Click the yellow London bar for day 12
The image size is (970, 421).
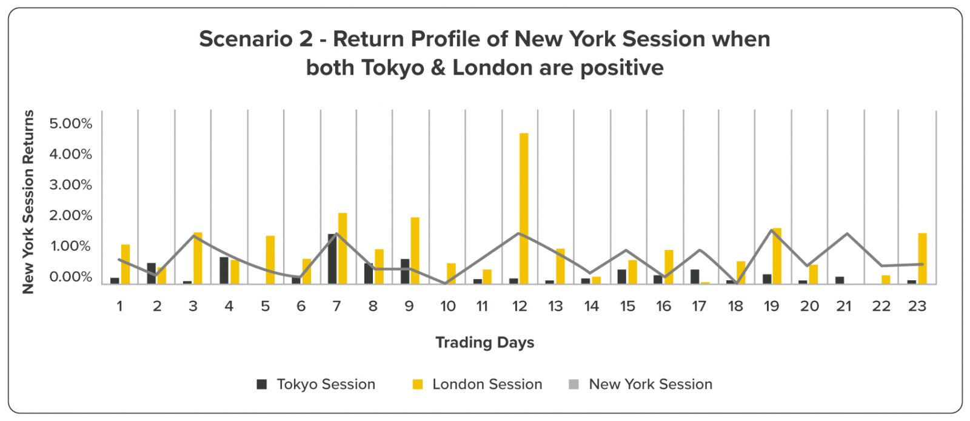pos(524,208)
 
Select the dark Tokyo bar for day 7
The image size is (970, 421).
pos(333,259)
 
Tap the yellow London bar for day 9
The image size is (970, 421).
pos(415,251)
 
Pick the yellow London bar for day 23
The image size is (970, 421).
pos(922,258)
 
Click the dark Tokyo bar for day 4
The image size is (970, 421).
pos(224,271)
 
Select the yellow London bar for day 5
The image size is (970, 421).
pos(270,260)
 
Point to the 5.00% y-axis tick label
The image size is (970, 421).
pos(70,123)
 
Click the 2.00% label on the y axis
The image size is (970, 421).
pos(70,215)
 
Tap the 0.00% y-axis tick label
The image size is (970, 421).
pos(70,277)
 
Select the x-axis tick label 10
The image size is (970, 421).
pos(448,306)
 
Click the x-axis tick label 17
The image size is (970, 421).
pos(699,306)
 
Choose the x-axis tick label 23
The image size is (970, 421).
pos(917,306)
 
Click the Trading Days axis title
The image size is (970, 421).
pos(484,342)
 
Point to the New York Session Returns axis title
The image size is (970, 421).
pos(28,202)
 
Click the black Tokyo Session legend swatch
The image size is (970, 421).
pos(261,384)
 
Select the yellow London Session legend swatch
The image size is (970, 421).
pos(418,384)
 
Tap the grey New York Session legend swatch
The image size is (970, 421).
pos(574,384)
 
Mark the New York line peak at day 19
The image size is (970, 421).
pos(771,229)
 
